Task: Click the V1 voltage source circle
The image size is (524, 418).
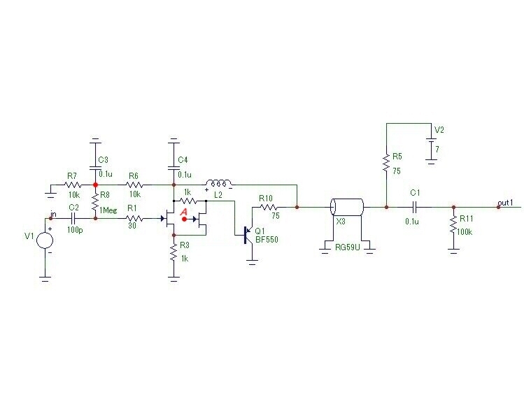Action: pyautogui.click(x=45, y=240)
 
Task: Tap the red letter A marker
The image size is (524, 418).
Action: pyautogui.click(x=183, y=212)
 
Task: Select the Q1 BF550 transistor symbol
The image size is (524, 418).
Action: pyautogui.click(x=248, y=235)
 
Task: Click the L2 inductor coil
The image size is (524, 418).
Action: pyautogui.click(x=218, y=183)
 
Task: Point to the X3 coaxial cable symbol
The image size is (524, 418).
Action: pyautogui.click(x=346, y=207)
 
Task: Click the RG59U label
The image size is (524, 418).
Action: pyautogui.click(x=348, y=247)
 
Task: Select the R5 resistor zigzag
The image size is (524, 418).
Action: pyautogui.click(x=386, y=163)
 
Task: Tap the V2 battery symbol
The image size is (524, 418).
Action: pyautogui.click(x=431, y=147)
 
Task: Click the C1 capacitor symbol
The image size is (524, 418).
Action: pyautogui.click(x=415, y=207)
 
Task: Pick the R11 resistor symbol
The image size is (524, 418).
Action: pyautogui.click(x=453, y=224)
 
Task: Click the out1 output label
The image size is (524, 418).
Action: pyautogui.click(x=505, y=203)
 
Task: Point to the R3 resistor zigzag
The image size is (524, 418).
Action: pyautogui.click(x=174, y=252)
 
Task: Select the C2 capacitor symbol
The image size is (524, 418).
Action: pyautogui.click(x=73, y=218)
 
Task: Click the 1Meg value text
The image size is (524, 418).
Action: pyautogui.click(x=108, y=210)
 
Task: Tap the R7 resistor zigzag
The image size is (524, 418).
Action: pyautogui.click(x=73, y=185)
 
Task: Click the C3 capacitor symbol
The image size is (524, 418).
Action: pyautogui.click(x=95, y=167)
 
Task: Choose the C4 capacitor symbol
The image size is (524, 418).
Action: pyautogui.click(x=174, y=167)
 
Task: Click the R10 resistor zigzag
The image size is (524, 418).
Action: pyautogui.click(x=268, y=207)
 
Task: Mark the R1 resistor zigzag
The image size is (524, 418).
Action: pyautogui.click(x=134, y=218)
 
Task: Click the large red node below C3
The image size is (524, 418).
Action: pyautogui.click(x=95, y=185)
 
